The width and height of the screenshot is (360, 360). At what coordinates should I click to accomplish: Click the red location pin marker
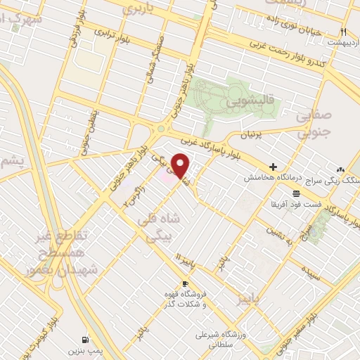[x=181, y=166]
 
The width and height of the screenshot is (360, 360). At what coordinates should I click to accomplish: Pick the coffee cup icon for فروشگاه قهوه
[x=186, y=283]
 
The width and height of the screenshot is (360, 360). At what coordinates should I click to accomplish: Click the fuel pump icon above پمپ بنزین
[x=86, y=337]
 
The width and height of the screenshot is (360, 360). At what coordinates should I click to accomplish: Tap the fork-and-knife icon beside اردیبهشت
[x=343, y=32]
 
